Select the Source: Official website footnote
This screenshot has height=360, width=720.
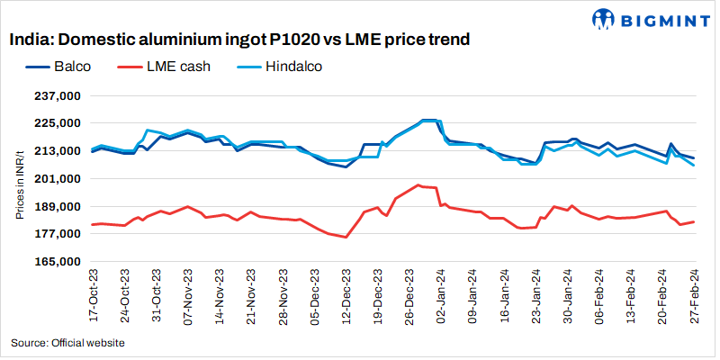pos(67,343)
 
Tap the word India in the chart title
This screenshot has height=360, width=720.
pos(30,40)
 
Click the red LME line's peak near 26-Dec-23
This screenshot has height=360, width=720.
pos(418,185)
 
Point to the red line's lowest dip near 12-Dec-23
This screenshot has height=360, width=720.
pos(346,238)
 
